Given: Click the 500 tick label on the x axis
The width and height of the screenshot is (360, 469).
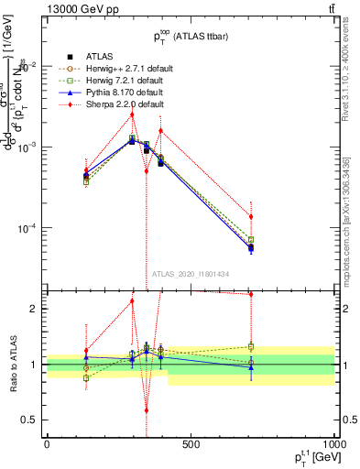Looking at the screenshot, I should tap(191, 443).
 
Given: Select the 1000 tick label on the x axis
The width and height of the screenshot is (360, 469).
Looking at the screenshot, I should tap(333, 443).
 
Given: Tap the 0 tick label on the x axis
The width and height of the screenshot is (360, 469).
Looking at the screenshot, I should tap(47, 443).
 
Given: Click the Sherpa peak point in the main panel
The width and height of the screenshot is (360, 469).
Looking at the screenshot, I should tap(132, 115).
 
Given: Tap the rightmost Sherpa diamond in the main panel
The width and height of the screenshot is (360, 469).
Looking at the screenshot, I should tap(251, 216).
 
